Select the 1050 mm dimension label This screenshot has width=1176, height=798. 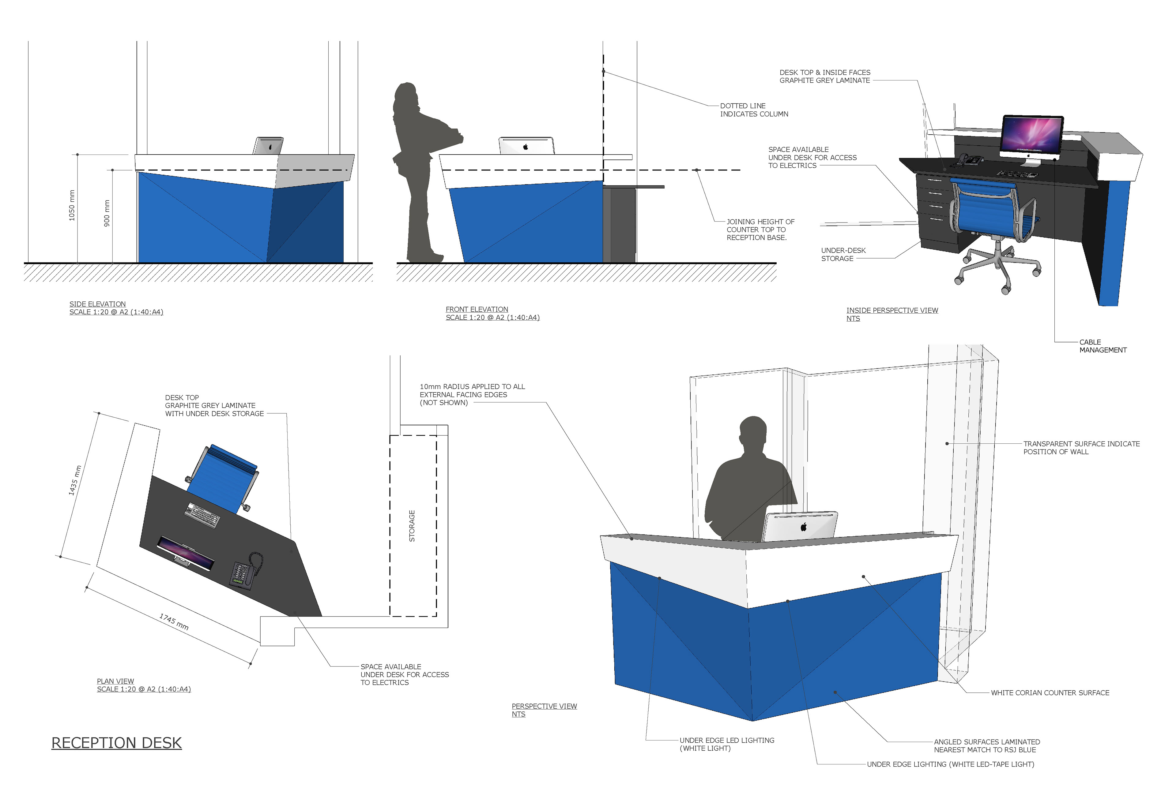(x=72, y=205)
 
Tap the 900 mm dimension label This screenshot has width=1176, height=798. (x=107, y=213)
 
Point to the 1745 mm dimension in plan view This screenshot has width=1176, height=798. (x=174, y=621)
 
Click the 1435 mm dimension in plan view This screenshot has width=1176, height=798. (x=75, y=480)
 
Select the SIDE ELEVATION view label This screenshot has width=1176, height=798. (x=98, y=304)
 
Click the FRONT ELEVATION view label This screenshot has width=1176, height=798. (x=477, y=309)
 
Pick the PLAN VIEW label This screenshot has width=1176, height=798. (x=115, y=681)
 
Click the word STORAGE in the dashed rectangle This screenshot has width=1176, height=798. (x=412, y=526)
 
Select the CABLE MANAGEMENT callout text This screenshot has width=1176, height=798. (x=1102, y=346)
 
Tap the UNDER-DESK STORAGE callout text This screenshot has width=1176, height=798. (x=843, y=254)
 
